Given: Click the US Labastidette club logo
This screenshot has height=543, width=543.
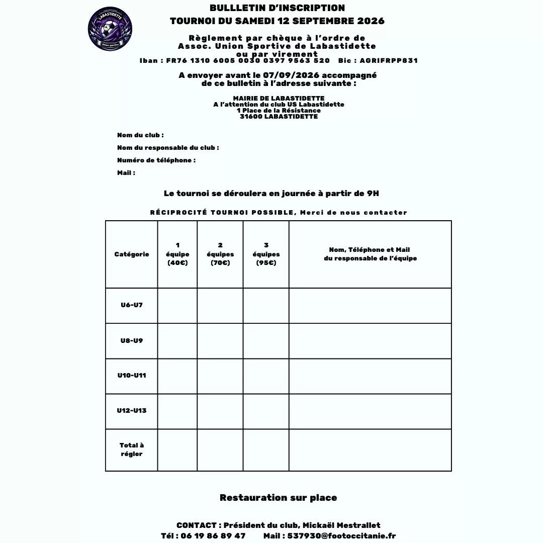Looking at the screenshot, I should click(110, 29).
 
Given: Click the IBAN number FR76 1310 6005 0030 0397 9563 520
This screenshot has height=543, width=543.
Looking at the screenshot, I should click(248, 61).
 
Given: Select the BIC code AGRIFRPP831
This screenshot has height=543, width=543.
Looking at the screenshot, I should click(389, 61).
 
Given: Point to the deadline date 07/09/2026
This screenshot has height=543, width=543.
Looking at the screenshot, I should click(291, 75).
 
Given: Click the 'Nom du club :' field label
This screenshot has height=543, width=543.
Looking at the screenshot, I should click(140, 135).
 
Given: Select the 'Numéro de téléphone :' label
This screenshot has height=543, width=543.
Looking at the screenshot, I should click(156, 160).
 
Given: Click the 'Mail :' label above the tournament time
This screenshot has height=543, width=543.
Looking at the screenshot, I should click(126, 173).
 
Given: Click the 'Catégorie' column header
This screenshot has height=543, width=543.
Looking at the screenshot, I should click(132, 254).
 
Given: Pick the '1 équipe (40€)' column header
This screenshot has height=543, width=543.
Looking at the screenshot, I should click(177, 254).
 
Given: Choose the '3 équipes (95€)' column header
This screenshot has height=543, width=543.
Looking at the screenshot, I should click(266, 254).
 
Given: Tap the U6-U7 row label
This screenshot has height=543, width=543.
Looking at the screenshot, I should click(132, 305).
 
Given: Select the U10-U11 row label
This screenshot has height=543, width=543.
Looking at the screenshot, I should click(132, 376).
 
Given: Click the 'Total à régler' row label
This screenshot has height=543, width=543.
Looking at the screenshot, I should click(132, 449).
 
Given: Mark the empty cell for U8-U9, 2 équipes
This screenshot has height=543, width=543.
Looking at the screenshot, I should click(220, 341).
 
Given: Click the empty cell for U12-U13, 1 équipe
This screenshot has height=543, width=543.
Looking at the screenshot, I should click(177, 411).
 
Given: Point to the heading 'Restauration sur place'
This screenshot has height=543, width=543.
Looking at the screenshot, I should click(278, 498).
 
